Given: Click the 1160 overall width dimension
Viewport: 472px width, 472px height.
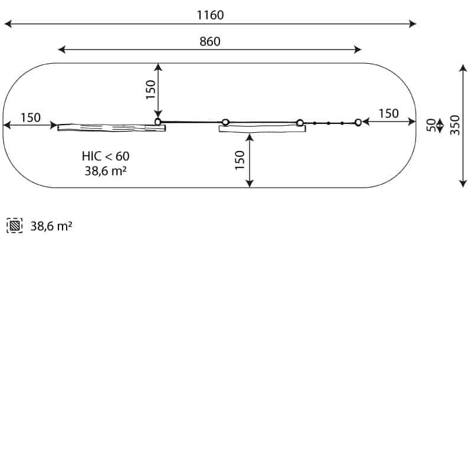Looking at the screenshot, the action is tap(210, 15).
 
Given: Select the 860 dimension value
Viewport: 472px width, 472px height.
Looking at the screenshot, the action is tap(210, 41).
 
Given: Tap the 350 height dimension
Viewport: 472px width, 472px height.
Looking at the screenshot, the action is tap(455, 125).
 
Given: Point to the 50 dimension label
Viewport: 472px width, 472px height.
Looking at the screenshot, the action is tap(431, 125).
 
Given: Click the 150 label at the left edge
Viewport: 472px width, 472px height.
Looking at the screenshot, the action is tap(31, 117).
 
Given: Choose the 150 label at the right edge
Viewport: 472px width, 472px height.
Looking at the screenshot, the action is tap(389, 114).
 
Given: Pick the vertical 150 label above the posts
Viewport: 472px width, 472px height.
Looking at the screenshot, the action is tap(150, 90).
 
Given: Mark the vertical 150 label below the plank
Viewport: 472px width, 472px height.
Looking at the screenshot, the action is tap(240, 160).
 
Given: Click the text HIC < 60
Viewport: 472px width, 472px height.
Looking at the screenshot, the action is tap(106, 156).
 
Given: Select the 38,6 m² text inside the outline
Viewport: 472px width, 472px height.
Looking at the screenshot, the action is tap(106, 171).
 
